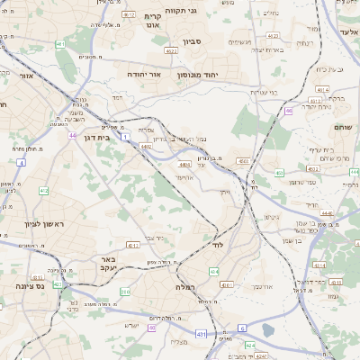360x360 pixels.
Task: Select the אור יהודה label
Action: coord(144,74)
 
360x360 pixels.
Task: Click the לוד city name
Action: coord(218,244)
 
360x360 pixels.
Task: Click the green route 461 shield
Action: coord(59,42)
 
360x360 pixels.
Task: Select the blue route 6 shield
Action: coord(241,329)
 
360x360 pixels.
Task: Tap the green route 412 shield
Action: coord(44,191)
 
